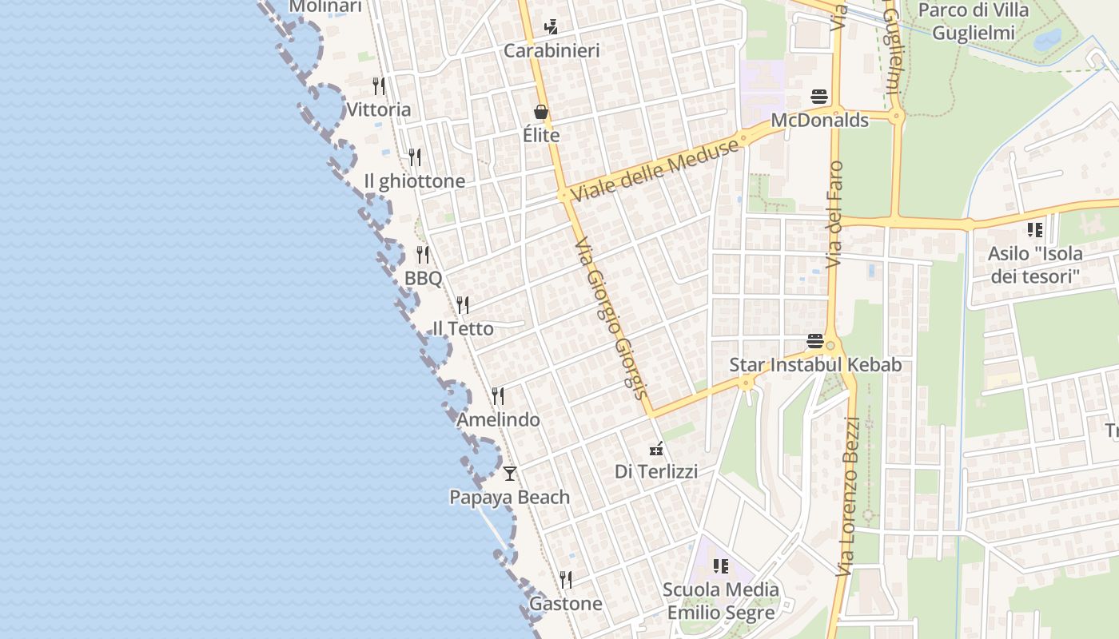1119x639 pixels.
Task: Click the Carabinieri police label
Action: click(x=552, y=51)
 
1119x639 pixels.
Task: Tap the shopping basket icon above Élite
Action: click(x=541, y=112)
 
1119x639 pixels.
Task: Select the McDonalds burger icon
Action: click(x=819, y=97)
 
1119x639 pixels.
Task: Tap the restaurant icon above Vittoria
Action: click(x=379, y=85)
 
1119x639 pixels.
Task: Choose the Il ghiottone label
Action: click(x=414, y=181)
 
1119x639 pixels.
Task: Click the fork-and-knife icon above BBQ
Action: click(x=423, y=255)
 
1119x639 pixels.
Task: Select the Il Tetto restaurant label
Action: click(x=463, y=328)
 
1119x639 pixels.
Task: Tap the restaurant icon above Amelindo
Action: click(x=498, y=396)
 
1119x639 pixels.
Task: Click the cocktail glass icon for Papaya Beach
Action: click(x=510, y=474)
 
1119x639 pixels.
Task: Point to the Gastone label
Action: click(x=566, y=604)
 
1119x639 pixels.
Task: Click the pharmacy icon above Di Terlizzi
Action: click(x=656, y=448)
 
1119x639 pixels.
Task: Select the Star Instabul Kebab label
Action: click(x=815, y=365)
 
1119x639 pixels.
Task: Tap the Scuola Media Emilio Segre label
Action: click(x=721, y=601)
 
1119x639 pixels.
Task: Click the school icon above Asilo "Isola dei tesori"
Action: click(x=1035, y=231)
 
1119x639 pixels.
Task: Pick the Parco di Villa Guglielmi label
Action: click(x=974, y=22)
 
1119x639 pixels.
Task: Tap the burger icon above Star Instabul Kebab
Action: click(x=815, y=342)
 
